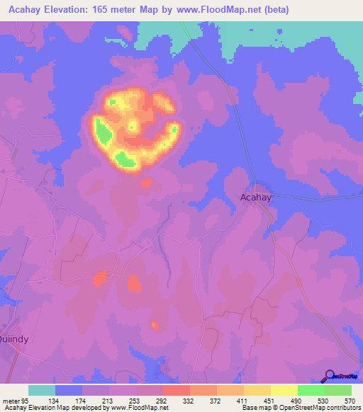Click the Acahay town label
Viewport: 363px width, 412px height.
pyautogui.click(x=256, y=198)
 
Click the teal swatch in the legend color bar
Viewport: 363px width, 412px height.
pyautogui.click(x=42, y=390)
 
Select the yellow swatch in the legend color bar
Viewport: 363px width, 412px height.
pyautogui.click(x=284, y=390)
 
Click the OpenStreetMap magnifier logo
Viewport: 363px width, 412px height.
pyautogui.click(x=330, y=375)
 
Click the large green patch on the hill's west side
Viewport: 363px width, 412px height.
pyautogui.click(x=104, y=132)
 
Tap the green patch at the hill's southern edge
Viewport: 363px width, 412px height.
pyautogui.click(x=125, y=159)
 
